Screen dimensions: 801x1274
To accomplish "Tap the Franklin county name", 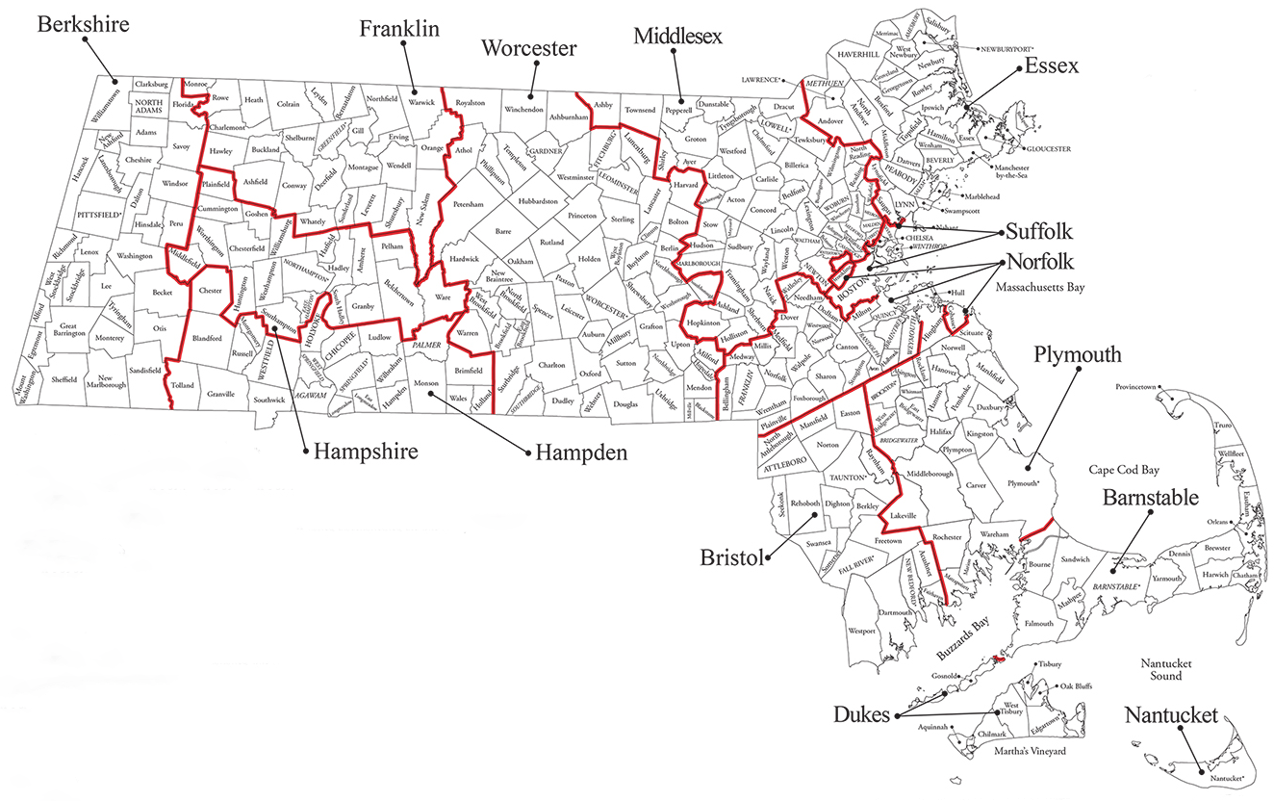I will (x=399, y=29).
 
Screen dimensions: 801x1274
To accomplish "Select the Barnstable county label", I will (x=1151, y=498).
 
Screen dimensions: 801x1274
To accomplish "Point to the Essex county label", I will (x=1052, y=66).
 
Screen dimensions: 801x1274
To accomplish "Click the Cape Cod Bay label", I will (x=1124, y=470).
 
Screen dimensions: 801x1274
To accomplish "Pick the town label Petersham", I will (x=468, y=205).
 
